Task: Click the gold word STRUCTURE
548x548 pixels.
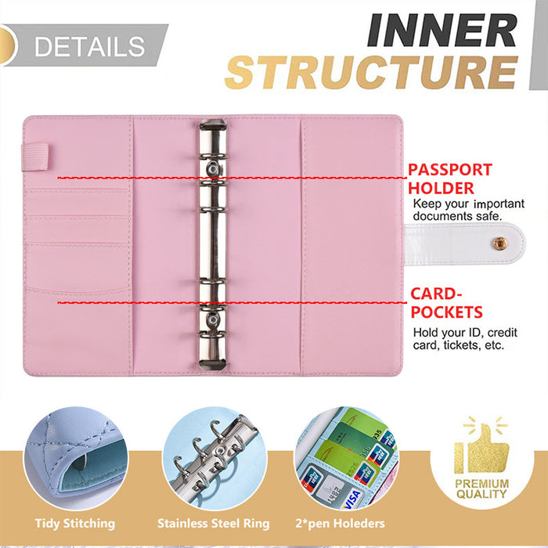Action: (371, 71)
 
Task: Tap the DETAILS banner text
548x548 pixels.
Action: (90, 46)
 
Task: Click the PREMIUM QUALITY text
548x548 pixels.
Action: (482, 490)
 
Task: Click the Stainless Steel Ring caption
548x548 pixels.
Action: (213, 523)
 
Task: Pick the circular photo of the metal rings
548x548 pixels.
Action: (212, 459)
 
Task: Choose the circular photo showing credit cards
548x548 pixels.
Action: (347, 459)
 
